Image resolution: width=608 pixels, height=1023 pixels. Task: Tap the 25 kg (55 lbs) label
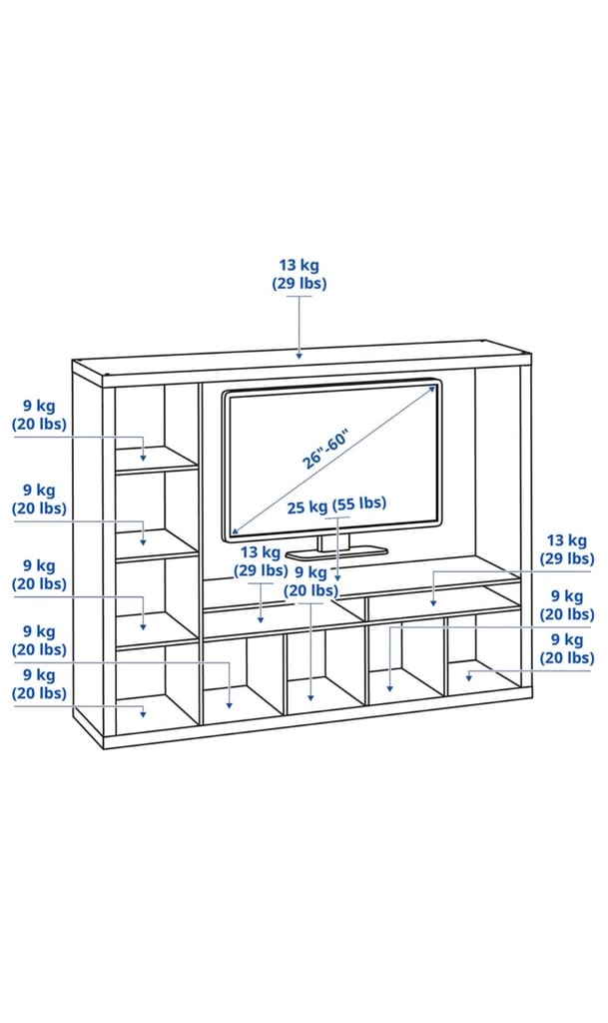coord(336,506)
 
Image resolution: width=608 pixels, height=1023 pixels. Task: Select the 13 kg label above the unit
coord(300,274)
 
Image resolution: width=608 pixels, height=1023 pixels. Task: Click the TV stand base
coord(336,549)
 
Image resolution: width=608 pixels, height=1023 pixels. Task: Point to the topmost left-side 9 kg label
coord(39,415)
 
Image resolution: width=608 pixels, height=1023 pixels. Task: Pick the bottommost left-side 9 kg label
coord(39,684)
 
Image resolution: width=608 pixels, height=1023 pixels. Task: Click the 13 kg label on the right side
coord(567,550)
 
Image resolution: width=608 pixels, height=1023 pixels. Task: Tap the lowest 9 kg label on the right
coord(567,648)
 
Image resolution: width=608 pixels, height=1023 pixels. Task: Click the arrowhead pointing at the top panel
coord(300,355)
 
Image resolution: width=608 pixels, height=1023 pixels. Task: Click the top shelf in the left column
coord(158,459)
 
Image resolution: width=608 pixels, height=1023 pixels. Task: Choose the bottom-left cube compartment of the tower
coord(158,689)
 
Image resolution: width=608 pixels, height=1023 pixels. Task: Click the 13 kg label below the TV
coord(260,561)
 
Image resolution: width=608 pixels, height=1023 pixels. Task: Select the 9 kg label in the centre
coord(310,581)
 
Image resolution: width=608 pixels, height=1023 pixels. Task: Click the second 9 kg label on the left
coord(39,500)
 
